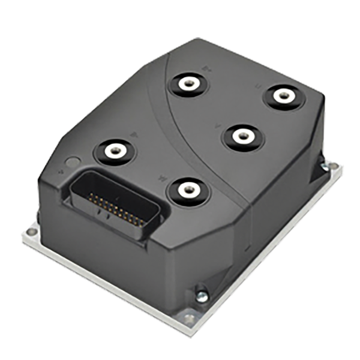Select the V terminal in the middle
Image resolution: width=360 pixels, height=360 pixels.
[x=242, y=136]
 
